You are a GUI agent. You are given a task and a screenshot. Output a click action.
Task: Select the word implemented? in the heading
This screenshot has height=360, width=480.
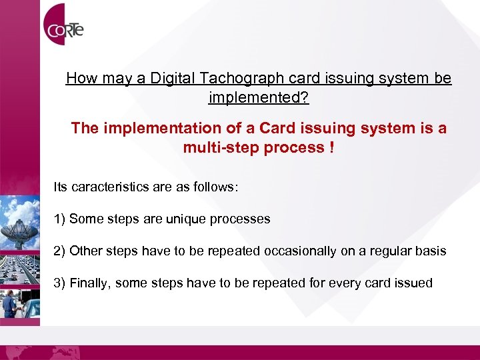259,98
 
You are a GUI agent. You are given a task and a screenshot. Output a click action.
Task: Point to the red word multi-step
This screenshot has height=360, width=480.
223,147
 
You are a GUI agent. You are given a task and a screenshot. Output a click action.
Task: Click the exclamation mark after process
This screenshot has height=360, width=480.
331,147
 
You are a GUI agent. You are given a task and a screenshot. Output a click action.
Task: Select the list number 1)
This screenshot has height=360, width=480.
59,219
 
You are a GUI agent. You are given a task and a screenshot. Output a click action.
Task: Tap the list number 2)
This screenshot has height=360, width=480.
59,251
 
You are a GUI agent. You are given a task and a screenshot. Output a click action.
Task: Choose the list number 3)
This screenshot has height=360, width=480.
59,283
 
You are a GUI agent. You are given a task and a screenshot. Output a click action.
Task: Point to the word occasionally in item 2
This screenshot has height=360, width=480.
301,251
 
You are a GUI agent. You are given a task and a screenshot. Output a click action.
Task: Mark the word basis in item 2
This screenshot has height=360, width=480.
429,251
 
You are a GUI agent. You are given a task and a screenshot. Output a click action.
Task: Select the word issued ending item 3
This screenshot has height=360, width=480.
414,283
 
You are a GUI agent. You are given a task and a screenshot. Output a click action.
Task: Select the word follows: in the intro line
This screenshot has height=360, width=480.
215,187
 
